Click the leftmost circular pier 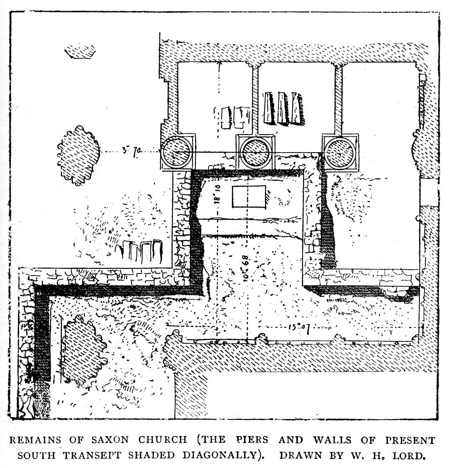click(177, 152)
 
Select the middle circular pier click(256, 152)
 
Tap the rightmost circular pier click(340, 152)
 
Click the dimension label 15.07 click(297, 329)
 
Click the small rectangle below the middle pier click(249, 196)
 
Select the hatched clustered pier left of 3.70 click(78, 155)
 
